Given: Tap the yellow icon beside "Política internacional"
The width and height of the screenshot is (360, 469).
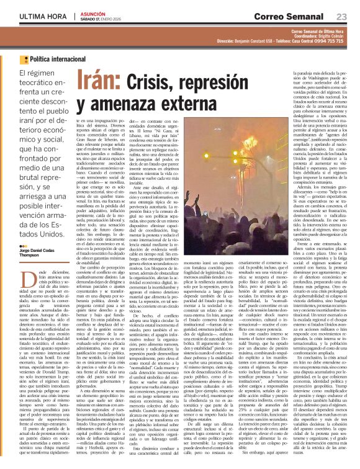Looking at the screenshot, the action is [x=24, y=60].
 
